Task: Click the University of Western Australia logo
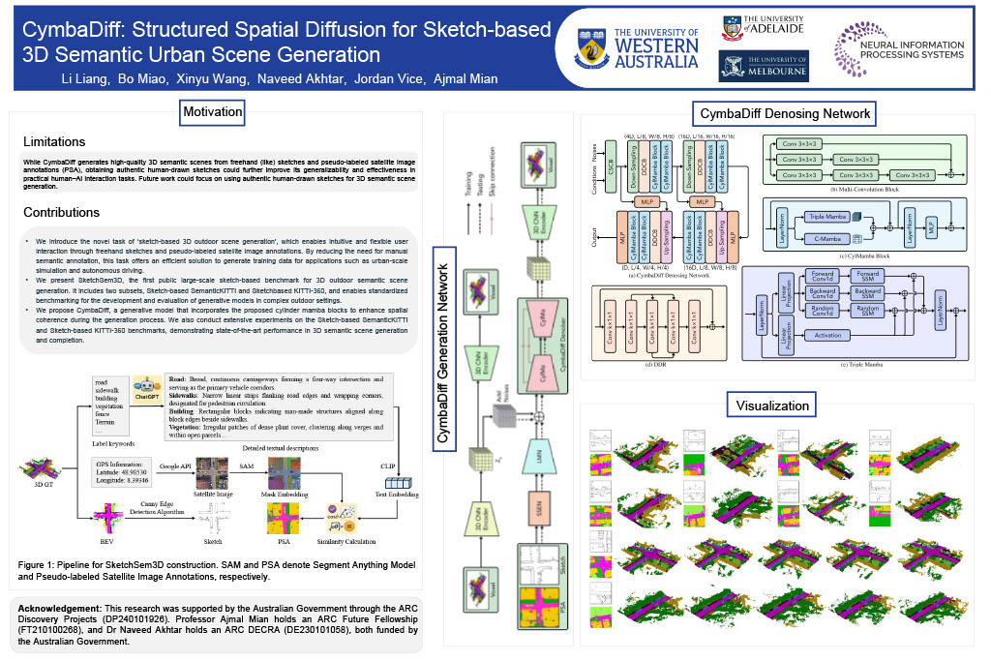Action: click(x=639, y=47)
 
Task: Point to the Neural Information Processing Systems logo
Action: click(x=899, y=48)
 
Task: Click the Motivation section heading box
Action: click(x=213, y=112)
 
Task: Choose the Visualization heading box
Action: click(x=772, y=405)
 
